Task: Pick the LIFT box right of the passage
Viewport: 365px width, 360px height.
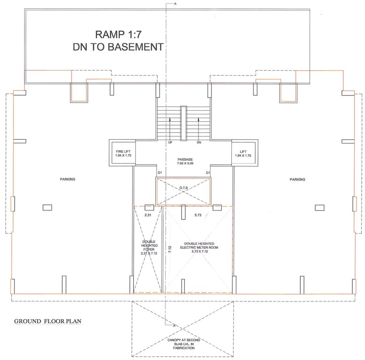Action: [243, 153]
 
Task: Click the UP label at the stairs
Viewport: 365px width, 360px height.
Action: [170, 142]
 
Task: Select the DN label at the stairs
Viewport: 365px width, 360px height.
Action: [199, 142]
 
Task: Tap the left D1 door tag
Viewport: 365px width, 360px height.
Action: [160, 173]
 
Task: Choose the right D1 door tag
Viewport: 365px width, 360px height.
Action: [207, 173]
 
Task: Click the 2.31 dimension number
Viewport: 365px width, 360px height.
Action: [147, 215]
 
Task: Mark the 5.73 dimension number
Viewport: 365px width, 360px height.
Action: [198, 215]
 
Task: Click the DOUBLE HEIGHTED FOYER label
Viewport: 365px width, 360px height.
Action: [149, 247]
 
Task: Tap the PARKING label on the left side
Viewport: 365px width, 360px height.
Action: [68, 179]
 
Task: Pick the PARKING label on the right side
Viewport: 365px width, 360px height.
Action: [297, 179]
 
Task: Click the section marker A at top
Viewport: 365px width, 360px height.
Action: [175, 4]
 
